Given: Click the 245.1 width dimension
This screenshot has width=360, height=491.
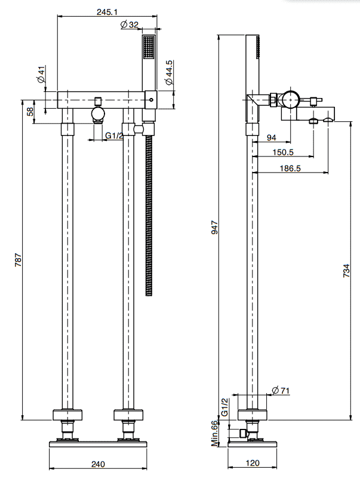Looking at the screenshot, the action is [107, 12].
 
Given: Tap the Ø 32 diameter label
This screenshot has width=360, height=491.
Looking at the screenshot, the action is [130, 24].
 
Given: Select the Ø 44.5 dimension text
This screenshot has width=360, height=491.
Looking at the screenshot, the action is [169, 72].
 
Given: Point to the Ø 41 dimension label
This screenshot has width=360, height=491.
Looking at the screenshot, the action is [41, 74].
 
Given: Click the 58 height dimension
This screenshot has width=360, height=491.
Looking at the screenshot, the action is [30, 111].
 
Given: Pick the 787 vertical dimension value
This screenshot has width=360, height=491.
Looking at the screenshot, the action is [19, 260].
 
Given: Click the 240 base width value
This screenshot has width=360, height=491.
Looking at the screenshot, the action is [98, 464].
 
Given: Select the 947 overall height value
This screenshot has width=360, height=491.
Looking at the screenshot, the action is [214, 227].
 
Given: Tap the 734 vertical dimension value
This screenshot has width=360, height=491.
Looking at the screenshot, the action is [346, 271].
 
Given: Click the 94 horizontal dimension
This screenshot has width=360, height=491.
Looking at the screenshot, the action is [272, 137].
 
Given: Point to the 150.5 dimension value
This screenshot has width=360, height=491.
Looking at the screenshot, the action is [282, 152].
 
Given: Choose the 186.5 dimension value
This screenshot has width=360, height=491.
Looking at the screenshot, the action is [290, 168].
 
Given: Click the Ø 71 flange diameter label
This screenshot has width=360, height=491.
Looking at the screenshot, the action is [281, 391].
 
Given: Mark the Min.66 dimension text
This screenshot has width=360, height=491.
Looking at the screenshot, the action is [214, 433].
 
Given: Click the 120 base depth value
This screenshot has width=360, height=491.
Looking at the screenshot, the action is [253, 463].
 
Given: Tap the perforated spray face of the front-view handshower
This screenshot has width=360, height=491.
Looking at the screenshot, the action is [149, 47].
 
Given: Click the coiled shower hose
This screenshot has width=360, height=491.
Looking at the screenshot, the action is [149, 216].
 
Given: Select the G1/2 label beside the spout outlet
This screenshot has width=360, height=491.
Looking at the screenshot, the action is [114, 136].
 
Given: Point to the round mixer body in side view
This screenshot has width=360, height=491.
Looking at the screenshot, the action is [291, 100].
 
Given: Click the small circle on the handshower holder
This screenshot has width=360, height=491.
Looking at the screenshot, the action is [152, 100].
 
